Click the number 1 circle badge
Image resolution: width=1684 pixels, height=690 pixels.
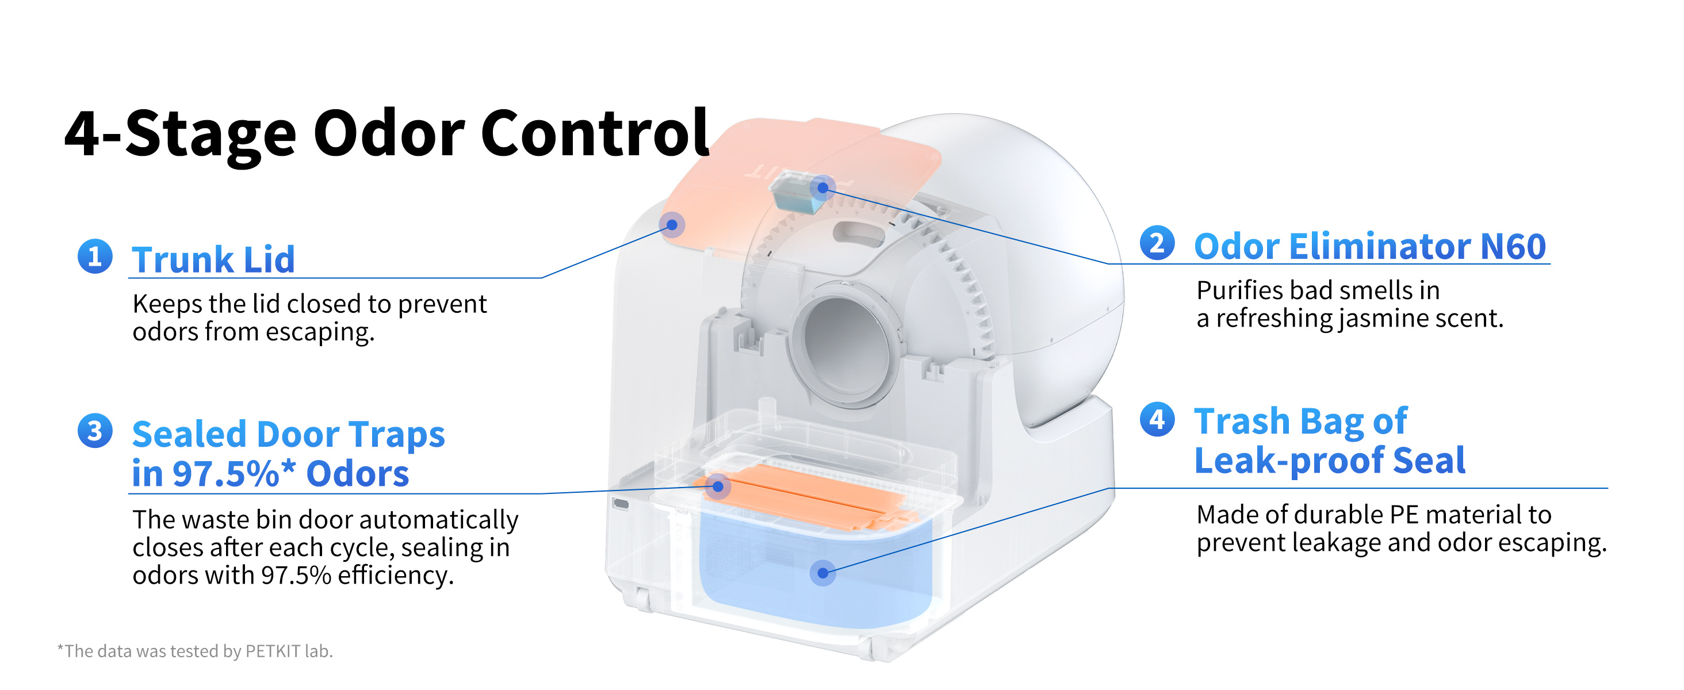click(95, 256)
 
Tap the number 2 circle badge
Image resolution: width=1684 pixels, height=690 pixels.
click(1157, 243)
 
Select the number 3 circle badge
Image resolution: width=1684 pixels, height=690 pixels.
click(95, 431)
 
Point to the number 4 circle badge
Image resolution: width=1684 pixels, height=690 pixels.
click(1157, 419)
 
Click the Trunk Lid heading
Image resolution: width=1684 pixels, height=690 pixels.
click(213, 259)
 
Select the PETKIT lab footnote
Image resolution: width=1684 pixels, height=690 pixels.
click(196, 651)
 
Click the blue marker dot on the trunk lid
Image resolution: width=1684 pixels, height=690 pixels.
click(671, 225)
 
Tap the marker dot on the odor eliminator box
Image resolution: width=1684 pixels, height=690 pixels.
click(823, 188)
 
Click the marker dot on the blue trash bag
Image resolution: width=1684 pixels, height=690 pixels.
click(823, 573)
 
